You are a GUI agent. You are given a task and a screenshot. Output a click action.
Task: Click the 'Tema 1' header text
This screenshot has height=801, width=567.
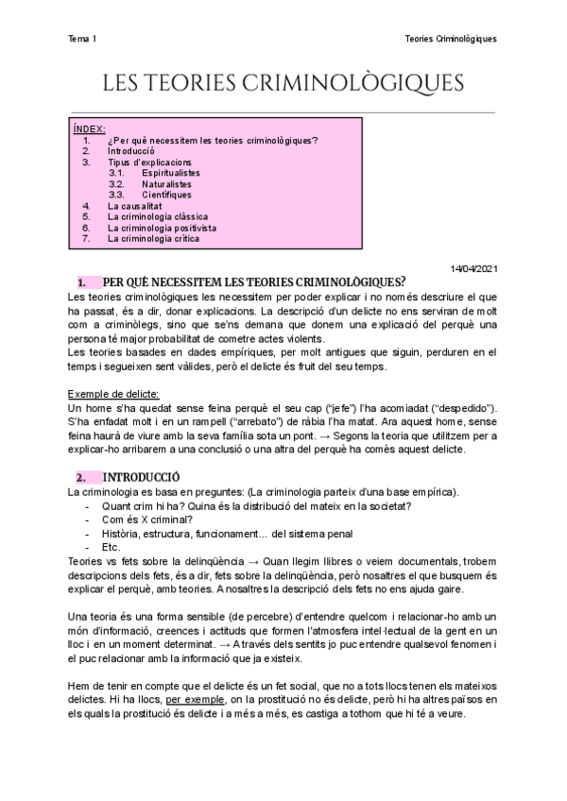coord(82,39)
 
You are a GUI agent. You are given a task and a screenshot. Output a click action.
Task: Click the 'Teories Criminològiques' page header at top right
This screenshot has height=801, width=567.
coord(450,39)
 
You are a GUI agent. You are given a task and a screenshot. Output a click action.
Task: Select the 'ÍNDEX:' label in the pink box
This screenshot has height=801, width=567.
coord(90,128)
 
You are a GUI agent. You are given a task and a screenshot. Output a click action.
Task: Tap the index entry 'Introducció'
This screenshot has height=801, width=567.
coord(131,151)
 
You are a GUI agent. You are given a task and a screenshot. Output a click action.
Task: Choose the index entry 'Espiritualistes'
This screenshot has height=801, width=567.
coord(171,174)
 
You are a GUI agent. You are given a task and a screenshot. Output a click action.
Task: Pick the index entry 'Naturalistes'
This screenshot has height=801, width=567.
coord(167,184)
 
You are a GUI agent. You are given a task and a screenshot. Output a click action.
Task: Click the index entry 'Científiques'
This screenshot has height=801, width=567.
coord(166,195)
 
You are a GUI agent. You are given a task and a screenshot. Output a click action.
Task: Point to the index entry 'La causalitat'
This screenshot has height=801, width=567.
coord(135,206)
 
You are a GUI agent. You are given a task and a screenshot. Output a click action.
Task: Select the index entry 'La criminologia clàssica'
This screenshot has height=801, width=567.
coord(158,216)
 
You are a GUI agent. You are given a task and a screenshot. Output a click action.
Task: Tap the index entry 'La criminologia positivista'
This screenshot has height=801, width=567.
coord(163,228)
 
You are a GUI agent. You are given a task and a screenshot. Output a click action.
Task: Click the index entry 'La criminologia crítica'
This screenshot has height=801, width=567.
coord(154,238)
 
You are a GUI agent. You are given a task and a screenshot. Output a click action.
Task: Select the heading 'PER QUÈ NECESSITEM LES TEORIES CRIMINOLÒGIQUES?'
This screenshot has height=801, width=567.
coord(254,282)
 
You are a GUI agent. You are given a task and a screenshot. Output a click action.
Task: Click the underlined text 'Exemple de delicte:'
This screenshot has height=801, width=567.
coord(113,393)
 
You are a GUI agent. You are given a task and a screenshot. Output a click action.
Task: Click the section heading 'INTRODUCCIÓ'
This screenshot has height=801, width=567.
coord(141,477)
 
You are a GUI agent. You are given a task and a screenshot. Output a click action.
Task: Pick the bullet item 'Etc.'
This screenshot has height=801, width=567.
coord(112,547)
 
